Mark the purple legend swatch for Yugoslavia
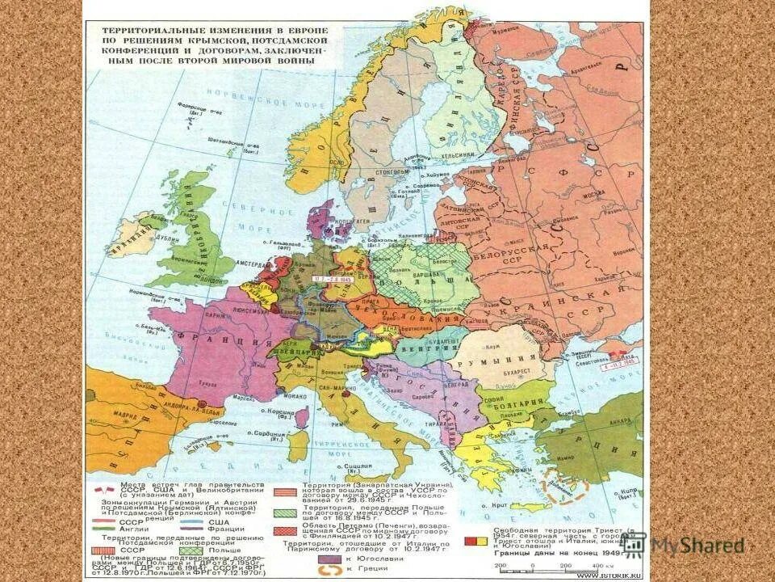(x=329, y=557)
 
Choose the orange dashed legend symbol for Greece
(x=329, y=570)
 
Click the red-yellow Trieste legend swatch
(x=476, y=541)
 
